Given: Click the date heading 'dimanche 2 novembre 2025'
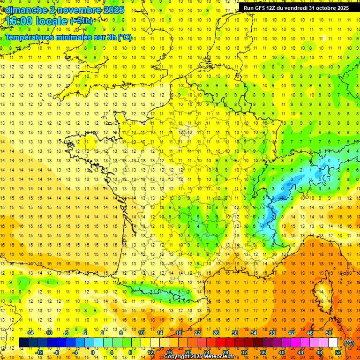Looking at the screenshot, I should [63, 10].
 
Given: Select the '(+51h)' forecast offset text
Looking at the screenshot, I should [81, 21].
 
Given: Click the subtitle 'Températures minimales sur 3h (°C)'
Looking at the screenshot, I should [68, 37].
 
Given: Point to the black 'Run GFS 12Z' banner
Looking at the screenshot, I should [296, 8].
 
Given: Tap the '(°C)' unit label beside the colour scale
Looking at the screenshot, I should [349, 343].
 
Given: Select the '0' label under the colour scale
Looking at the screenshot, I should [93, 352].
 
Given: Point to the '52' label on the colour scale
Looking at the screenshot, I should [337, 352].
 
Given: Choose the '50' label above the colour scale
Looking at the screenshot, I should [328, 333].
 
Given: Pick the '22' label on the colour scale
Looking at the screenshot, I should [197, 333].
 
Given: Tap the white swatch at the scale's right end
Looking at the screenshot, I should [333, 343].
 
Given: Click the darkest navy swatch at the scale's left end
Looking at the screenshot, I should [24, 343].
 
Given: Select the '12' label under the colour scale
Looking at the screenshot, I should [150, 352].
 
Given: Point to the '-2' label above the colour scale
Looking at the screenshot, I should [84, 333].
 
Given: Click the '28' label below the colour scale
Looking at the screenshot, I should [225, 352].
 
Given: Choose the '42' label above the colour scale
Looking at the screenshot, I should [291, 333].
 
